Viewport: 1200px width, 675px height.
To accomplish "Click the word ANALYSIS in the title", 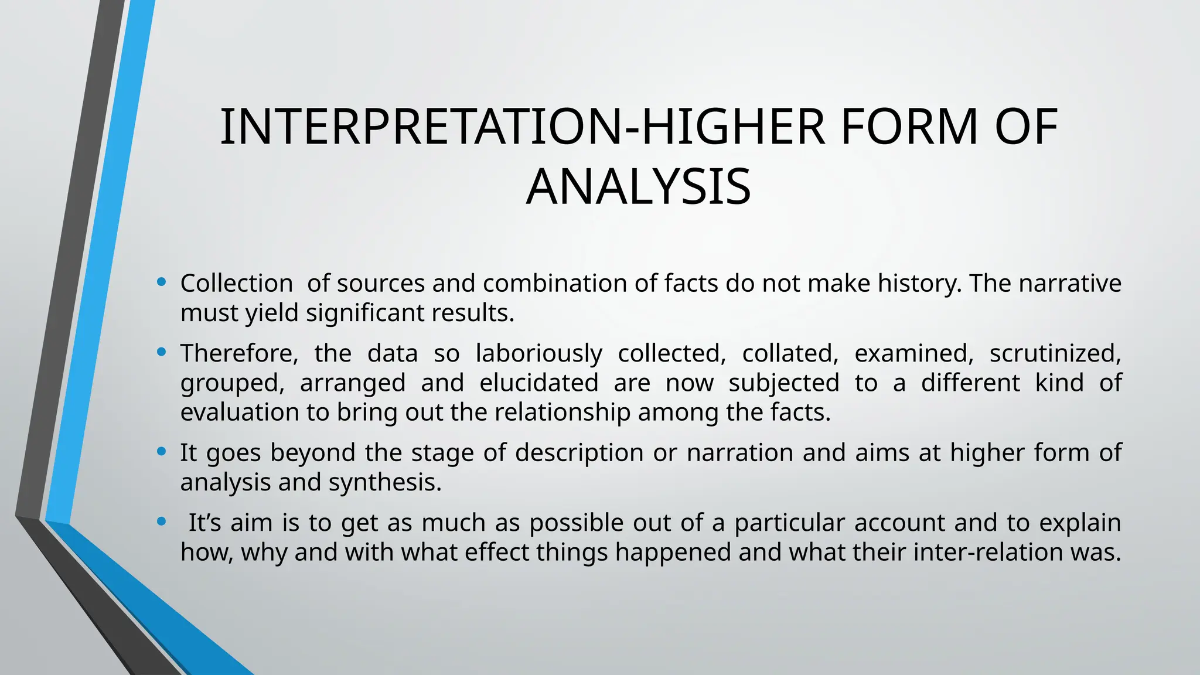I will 638,187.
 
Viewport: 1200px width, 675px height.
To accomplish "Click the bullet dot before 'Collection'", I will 162,282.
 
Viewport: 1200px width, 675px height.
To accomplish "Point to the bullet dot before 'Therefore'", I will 162,352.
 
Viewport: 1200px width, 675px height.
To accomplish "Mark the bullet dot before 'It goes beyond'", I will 162,452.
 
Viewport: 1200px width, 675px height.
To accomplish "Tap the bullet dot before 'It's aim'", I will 162,521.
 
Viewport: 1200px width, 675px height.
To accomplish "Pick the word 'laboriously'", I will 538,353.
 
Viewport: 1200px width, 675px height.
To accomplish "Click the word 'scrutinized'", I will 1055,353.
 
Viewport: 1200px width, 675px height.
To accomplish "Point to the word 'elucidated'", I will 538,383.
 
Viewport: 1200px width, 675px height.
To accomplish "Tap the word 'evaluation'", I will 240,412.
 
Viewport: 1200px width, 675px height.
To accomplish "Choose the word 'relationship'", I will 562,412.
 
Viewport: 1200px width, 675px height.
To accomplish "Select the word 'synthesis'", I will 384,483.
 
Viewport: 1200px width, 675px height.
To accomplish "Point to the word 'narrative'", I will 1070,284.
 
